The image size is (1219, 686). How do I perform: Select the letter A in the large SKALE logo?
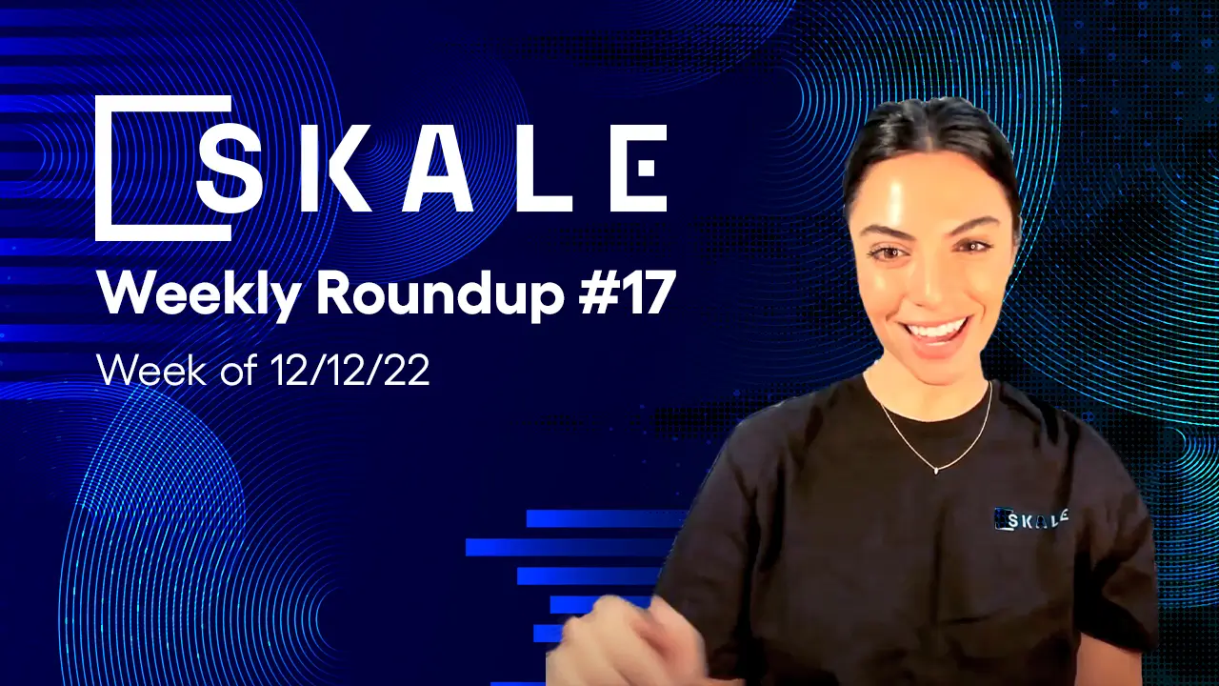[437, 169]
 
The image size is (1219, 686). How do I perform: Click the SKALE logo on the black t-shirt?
[1030, 518]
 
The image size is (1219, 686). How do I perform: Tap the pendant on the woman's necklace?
[936, 469]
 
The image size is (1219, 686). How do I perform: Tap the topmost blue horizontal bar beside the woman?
[606, 518]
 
